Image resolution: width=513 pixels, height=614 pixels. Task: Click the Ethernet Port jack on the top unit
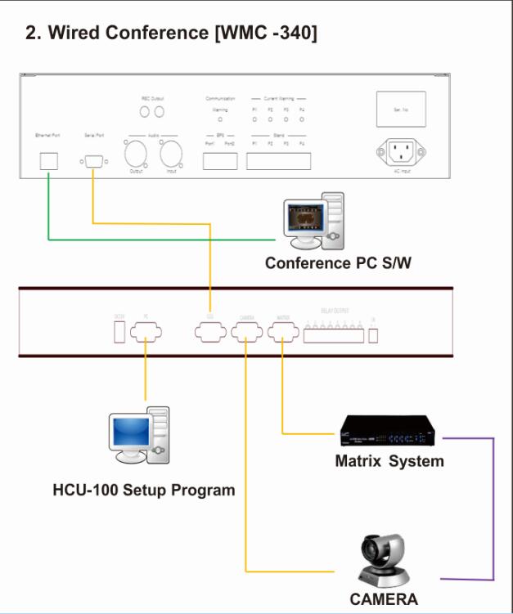[49, 161]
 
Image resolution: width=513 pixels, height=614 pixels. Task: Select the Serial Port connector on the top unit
[93, 161]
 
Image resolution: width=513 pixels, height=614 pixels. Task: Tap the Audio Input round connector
[172, 154]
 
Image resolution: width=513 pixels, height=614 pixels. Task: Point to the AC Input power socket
[401, 152]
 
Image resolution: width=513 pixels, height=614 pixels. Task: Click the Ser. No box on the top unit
[401, 109]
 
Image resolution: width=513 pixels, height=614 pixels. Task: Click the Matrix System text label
[389, 461]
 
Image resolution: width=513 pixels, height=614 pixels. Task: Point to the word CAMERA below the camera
[384, 599]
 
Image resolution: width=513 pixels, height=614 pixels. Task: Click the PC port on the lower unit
[146, 332]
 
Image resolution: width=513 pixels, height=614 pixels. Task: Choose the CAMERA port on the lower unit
[246, 332]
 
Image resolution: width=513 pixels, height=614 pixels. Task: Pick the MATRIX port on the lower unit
[283, 332]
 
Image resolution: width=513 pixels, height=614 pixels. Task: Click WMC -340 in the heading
[263, 34]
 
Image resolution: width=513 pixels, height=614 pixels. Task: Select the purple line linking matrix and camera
[493, 507]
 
